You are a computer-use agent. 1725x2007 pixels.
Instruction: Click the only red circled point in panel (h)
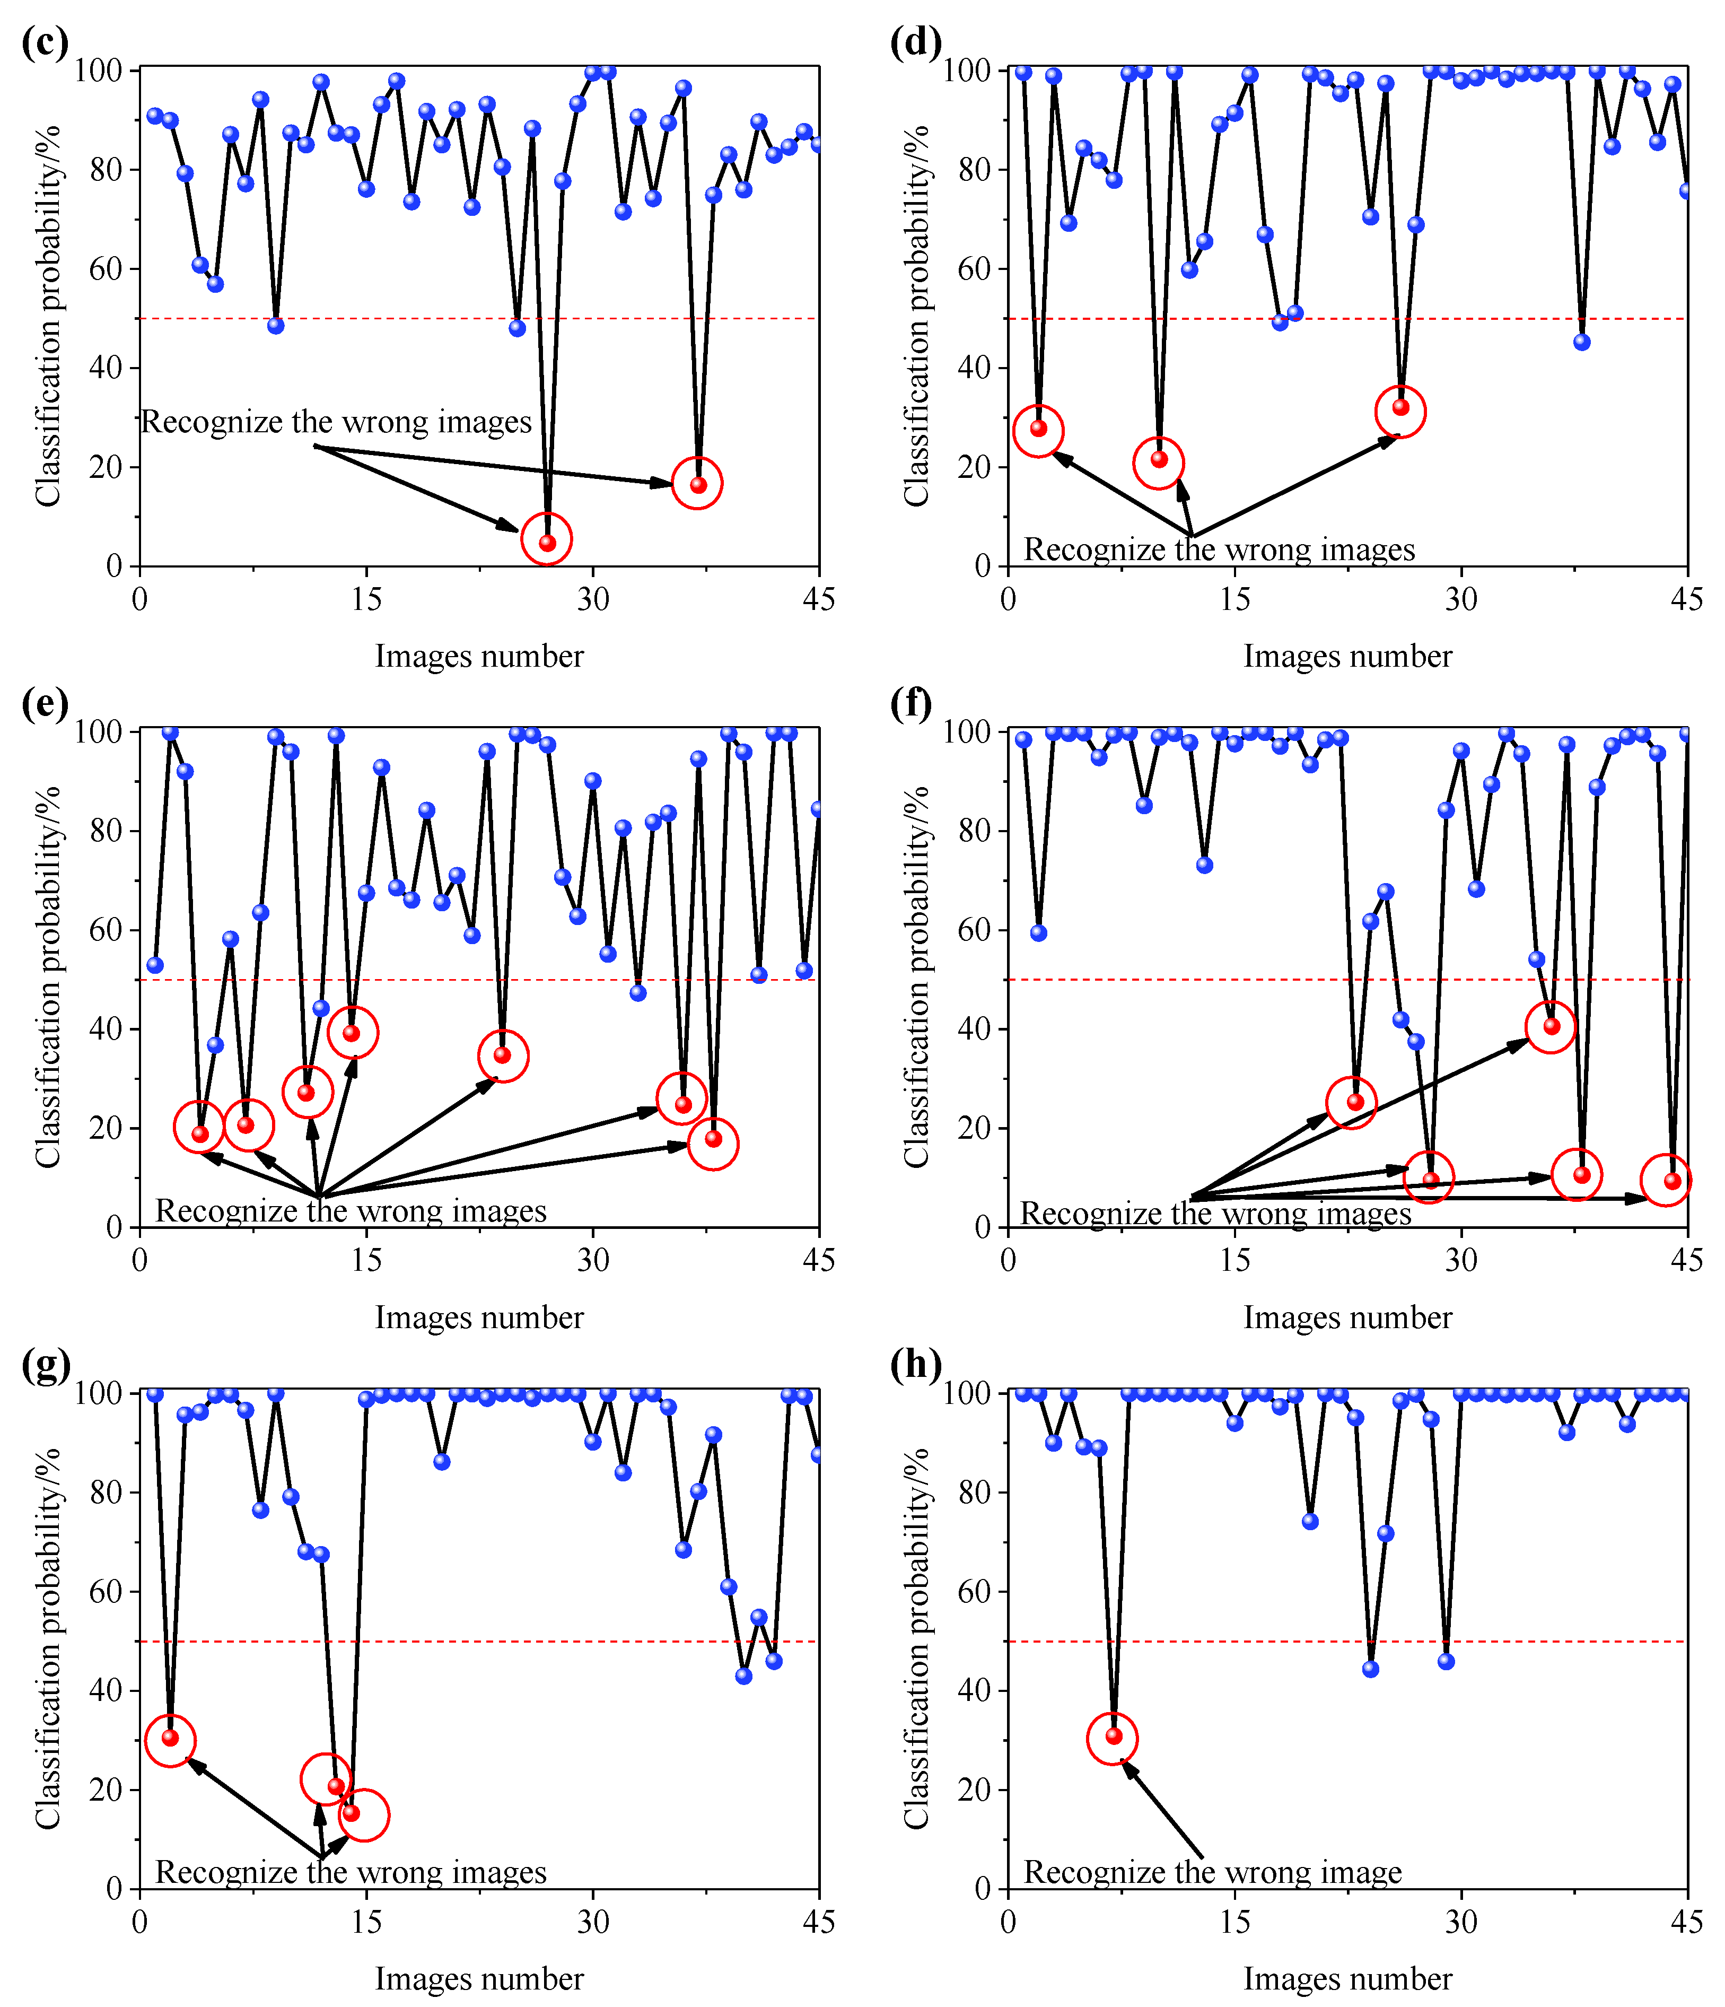coord(1114,1736)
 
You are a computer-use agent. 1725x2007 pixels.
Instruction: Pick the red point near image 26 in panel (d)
coord(1400,407)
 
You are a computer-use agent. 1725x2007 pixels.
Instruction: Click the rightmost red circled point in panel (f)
coord(1672,1181)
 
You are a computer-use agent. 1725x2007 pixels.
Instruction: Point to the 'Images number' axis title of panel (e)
coord(479,1317)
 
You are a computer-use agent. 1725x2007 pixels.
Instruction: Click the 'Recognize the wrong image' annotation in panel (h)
coord(1213,1871)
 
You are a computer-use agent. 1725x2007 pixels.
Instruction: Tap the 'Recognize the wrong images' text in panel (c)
coord(336,422)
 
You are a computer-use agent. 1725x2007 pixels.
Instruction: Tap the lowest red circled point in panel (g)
coord(352,1812)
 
